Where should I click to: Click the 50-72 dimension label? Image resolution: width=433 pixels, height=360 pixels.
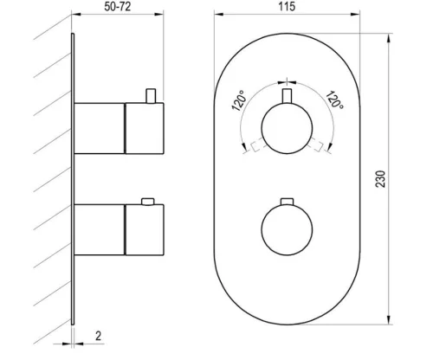118,7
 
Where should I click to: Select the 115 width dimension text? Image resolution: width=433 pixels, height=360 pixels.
287,7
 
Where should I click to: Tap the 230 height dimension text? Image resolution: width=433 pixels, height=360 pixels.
380,179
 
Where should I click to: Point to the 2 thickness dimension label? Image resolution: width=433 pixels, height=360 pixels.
99,336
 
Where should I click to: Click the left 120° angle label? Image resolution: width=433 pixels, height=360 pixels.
240,100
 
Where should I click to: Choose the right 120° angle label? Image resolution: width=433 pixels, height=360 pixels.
334,100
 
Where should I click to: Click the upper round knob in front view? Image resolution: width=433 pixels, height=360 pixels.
287,128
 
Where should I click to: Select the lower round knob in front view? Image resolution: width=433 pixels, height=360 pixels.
287,229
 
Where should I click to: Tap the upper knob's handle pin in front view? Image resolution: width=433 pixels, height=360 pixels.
287,96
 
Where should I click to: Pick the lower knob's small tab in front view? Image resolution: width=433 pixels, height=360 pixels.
287,202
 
